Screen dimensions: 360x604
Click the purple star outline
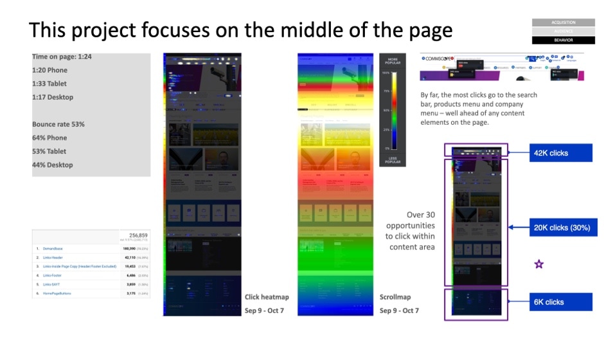click(x=539, y=264)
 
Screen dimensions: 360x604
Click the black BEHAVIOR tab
click(x=563, y=40)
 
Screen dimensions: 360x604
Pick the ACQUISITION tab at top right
click(x=563, y=22)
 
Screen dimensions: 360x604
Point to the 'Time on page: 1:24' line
click(x=62, y=57)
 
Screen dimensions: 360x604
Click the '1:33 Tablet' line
click(x=49, y=84)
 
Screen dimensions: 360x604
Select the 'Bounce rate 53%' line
click(x=58, y=124)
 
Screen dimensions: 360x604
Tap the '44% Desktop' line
click(x=53, y=165)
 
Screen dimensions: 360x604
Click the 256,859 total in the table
click(x=139, y=236)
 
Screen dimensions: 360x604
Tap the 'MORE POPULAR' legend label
click(x=392, y=62)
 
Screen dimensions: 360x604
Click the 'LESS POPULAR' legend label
click(x=392, y=159)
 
